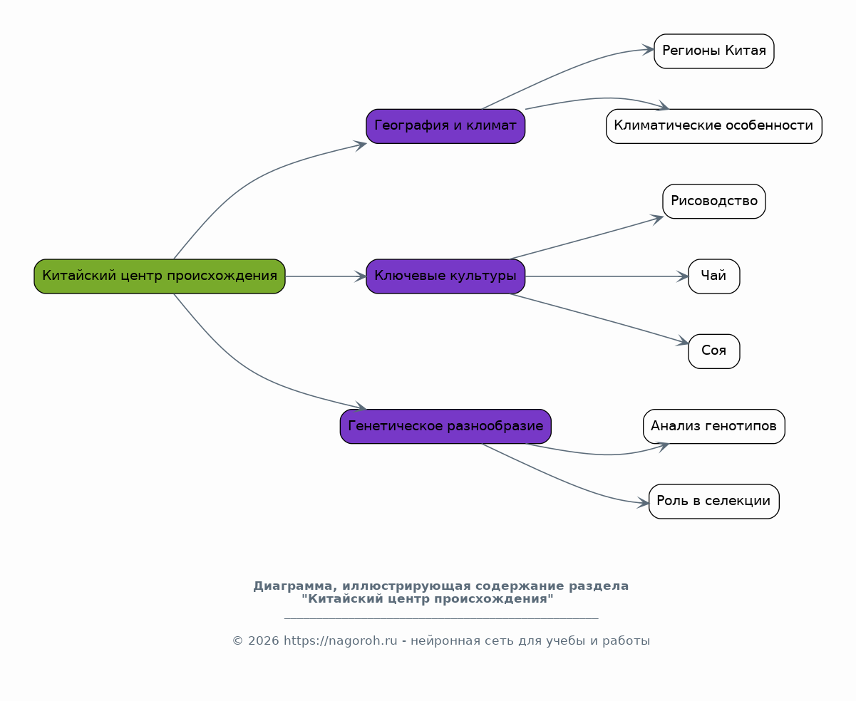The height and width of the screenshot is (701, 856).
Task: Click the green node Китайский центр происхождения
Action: [160, 276]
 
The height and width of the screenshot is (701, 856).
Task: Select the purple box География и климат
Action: [445, 126]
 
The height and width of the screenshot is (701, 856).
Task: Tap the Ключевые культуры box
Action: [445, 276]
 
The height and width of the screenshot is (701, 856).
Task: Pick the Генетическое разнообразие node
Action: [445, 426]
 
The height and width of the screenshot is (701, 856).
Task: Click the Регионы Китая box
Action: [714, 51]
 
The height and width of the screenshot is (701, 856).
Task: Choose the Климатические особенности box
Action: [714, 126]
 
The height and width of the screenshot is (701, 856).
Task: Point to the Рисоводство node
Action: [714, 201]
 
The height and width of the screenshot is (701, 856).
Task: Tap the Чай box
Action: [714, 276]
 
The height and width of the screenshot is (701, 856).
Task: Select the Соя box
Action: [714, 351]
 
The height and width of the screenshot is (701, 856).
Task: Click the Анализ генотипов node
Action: [714, 426]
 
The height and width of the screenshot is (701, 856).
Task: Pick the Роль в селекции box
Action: [714, 502]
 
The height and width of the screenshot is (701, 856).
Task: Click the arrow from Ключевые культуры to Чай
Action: [607, 276]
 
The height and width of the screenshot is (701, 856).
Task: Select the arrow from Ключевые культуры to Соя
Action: [599, 318]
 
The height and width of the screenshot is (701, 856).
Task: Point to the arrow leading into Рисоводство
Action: [587, 238]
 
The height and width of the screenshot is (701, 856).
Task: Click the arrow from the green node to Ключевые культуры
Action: [326, 276]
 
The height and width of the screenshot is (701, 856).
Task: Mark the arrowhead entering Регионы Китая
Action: [649, 50]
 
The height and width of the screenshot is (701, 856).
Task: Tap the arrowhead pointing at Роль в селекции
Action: [644, 503]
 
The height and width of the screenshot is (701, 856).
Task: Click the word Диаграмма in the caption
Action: [295, 586]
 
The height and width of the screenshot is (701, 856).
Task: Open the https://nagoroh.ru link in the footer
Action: [340, 641]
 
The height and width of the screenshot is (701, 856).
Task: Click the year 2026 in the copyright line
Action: [264, 641]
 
